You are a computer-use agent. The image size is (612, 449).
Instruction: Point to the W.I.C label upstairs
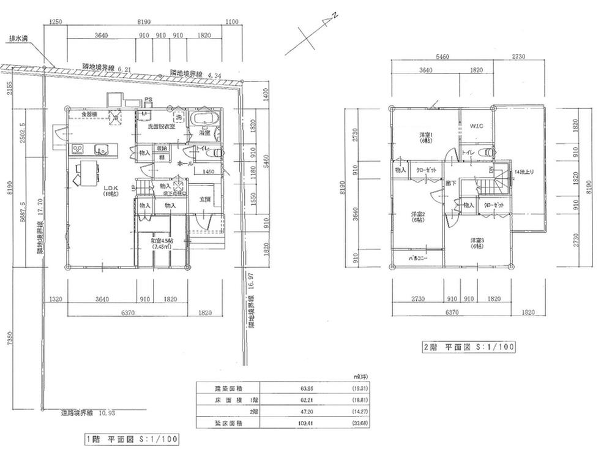[x=477, y=126]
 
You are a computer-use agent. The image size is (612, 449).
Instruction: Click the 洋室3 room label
[x=479, y=241]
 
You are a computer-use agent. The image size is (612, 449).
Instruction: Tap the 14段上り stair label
[x=524, y=173]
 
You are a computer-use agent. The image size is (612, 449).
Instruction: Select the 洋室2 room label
[x=418, y=217]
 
